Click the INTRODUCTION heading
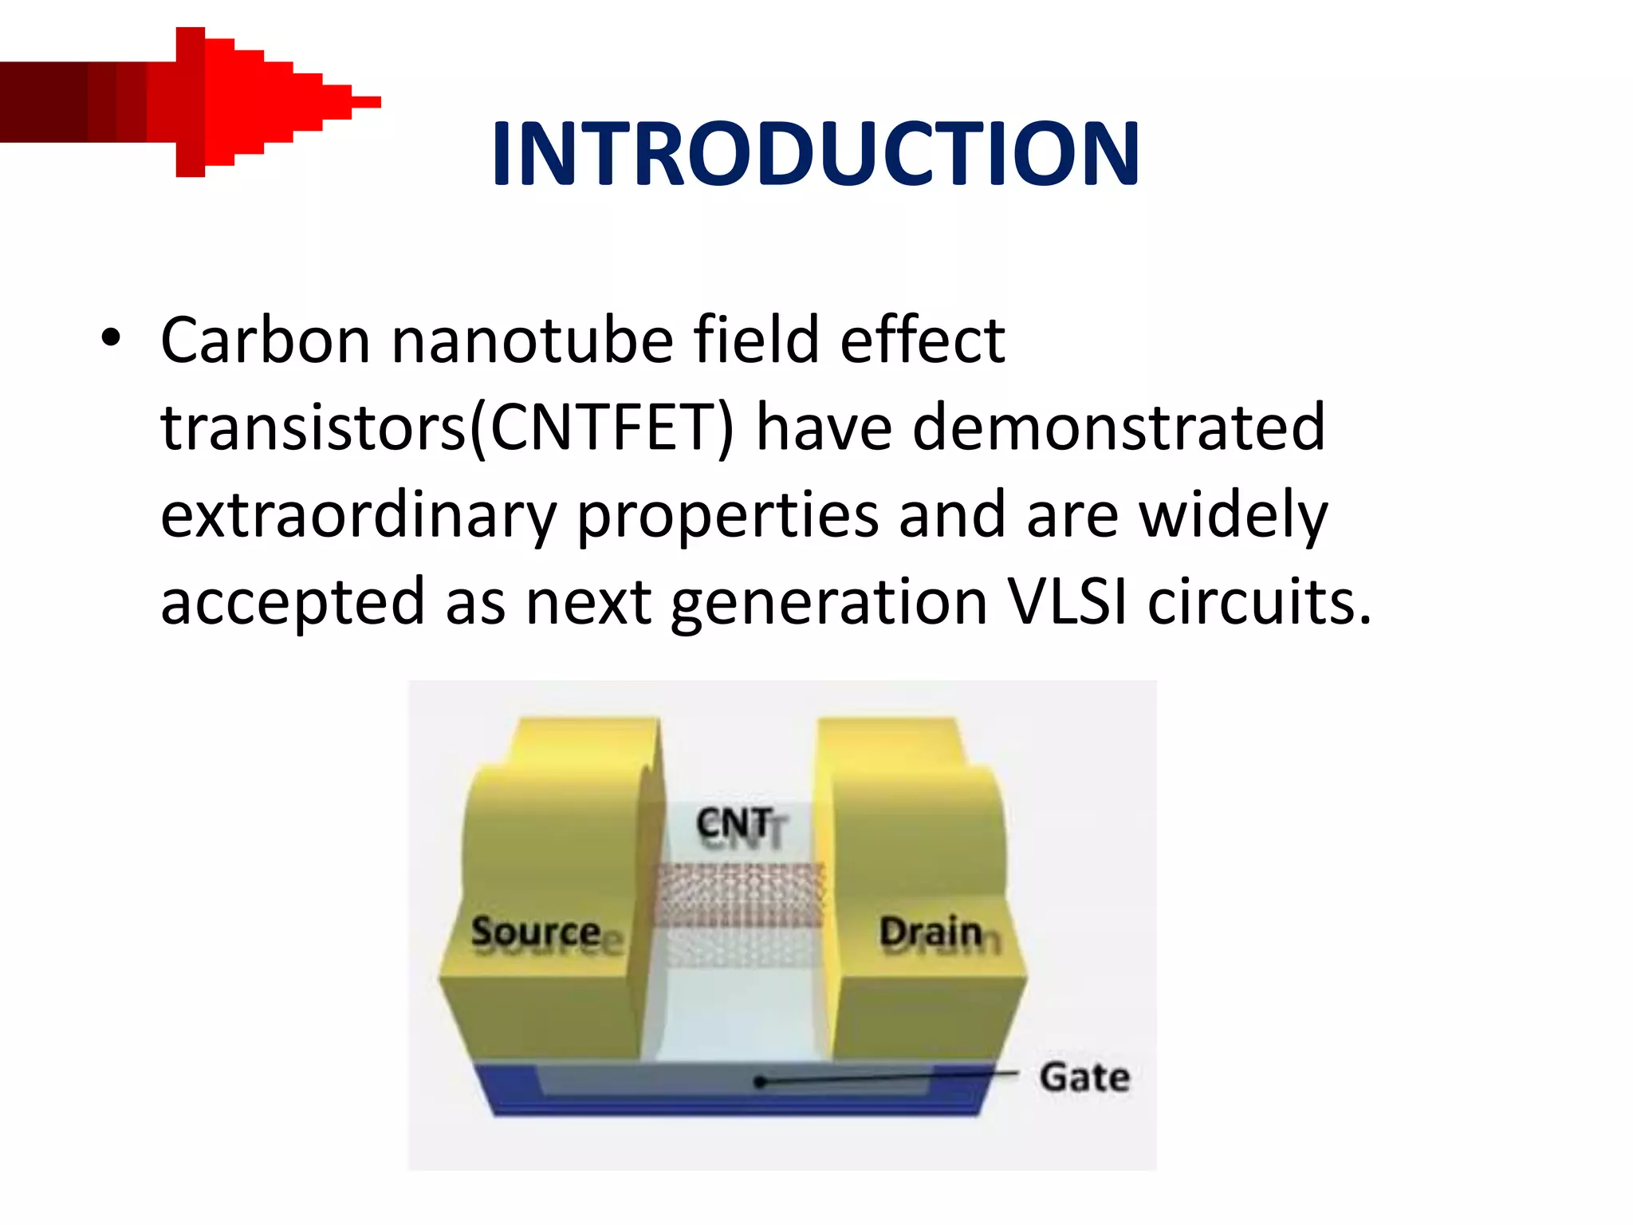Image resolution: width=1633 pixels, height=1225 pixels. click(815, 153)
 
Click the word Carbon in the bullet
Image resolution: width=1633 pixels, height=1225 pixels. click(266, 341)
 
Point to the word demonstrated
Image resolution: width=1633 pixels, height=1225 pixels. click(1118, 428)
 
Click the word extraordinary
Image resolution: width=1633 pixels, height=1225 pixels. click(358, 516)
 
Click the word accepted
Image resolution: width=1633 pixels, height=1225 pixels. click(293, 604)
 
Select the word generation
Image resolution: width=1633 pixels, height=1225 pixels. click(829, 604)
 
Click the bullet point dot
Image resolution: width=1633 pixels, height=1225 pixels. click(111, 340)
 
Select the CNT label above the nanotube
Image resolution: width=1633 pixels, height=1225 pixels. click(734, 824)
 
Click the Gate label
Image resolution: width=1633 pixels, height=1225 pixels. click(1084, 1077)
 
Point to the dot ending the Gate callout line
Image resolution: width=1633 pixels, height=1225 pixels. click(760, 1082)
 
